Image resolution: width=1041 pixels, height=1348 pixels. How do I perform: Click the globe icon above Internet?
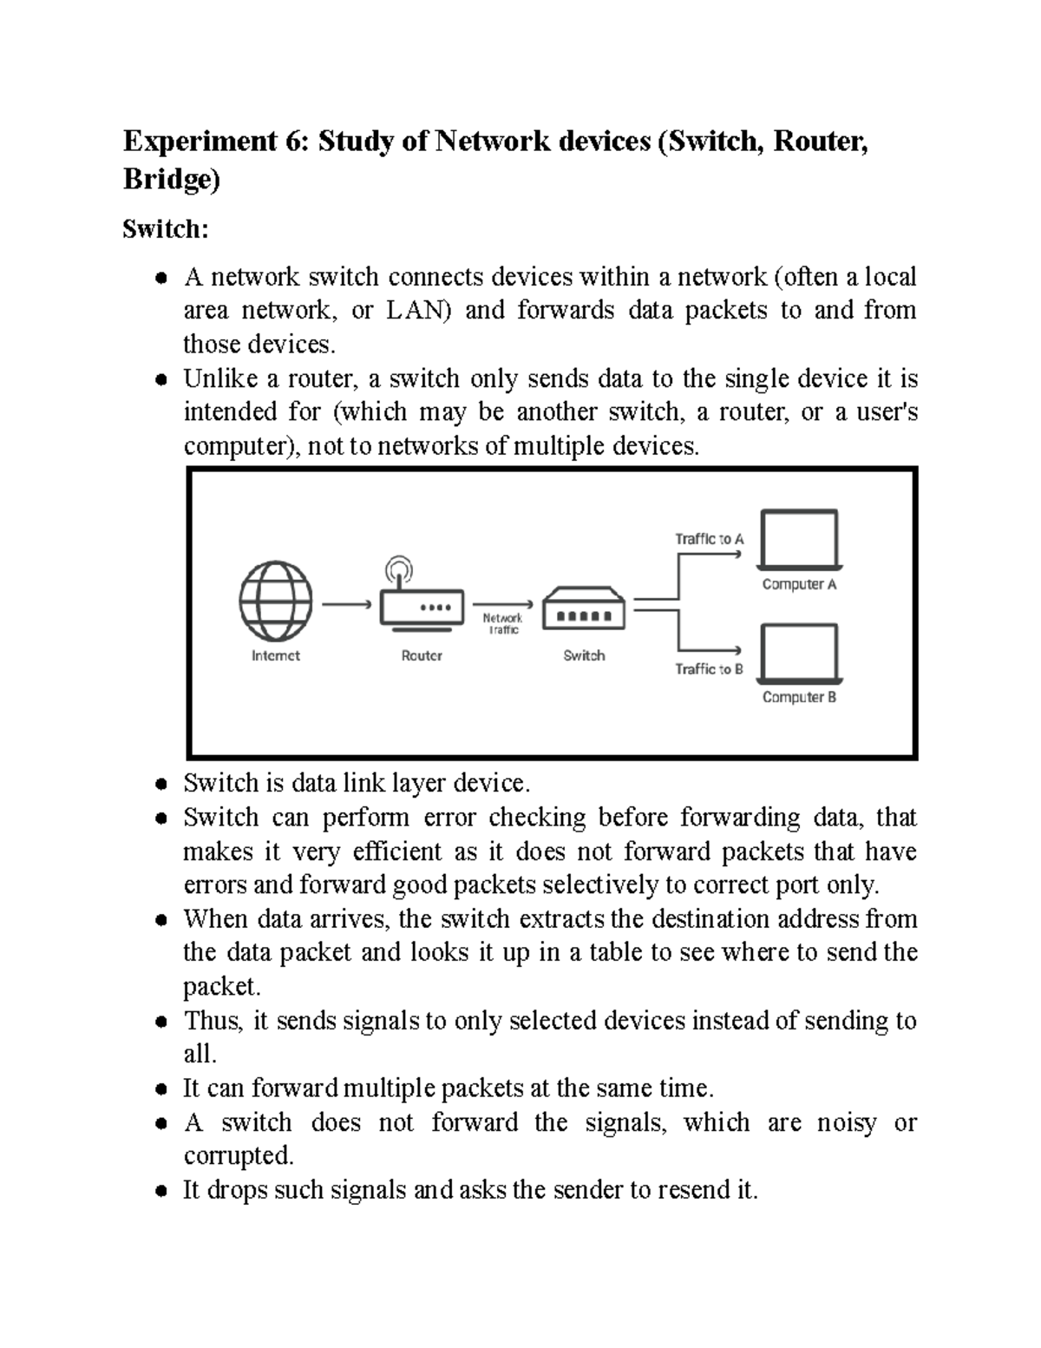[x=276, y=602]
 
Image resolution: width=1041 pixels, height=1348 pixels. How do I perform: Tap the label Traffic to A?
[x=709, y=539]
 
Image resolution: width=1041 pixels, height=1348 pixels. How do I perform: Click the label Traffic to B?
[x=709, y=669]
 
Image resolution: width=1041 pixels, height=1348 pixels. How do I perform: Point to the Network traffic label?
[x=502, y=624]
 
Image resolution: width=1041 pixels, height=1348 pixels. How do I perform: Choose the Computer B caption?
[x=799, y=697]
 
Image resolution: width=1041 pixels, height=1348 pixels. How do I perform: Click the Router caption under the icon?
[x=422, y=656]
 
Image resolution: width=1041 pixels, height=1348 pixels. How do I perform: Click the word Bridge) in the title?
[x=172, y=180]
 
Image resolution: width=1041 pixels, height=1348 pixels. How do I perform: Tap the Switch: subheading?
[x=166, y=229]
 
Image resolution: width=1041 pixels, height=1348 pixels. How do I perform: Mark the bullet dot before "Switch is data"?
[x=160, y=784]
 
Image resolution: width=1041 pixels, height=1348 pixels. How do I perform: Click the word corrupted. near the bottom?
[x=239, y=1156]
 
